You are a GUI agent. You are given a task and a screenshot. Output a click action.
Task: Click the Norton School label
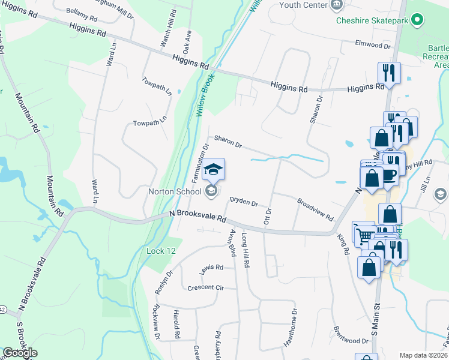click(x=175, y=192)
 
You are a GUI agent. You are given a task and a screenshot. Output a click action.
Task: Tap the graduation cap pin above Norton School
click(x=214, y=169)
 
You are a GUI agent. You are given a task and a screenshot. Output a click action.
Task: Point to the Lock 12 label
click(x=161, y=251)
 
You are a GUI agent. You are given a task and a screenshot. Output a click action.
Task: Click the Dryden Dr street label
click(x=244, y=202)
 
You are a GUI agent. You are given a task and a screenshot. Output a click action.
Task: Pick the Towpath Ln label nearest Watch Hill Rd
click(x=157, y=86)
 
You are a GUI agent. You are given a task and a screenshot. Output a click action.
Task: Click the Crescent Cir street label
click(x=205, y=287)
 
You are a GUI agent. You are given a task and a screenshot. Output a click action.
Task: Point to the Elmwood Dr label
click(x=373, y=45)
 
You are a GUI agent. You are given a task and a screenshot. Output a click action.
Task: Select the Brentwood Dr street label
click(x=351, y=335)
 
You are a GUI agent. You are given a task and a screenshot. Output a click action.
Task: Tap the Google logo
click(x=20, y=353)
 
